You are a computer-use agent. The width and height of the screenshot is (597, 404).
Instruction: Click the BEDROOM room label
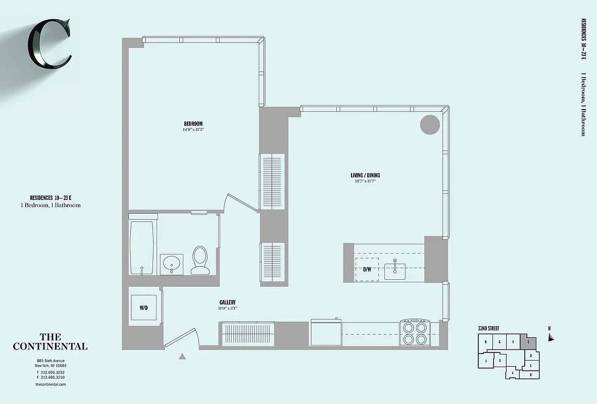pos(193,124)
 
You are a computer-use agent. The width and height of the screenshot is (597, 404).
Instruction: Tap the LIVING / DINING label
pos(365,175)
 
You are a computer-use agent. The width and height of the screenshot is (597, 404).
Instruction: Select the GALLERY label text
pos(227,302)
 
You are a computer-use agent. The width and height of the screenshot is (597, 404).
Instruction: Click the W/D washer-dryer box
pos(144,308)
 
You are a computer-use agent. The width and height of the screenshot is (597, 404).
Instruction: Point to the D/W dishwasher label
pos(367,269)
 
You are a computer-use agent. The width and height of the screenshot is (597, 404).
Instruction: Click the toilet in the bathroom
pos(200,260)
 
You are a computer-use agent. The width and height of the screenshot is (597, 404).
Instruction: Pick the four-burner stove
pos(415,333)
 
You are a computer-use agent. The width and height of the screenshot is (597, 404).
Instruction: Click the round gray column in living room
pos(430,124)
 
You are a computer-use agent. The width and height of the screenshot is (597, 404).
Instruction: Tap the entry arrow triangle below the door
pos(182,356)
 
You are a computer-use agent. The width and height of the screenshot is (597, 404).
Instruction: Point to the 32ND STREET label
pos(488,328)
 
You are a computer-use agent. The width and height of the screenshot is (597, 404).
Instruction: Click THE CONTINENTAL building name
pos(50,342)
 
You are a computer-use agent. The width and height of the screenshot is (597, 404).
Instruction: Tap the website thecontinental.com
pos(51,384)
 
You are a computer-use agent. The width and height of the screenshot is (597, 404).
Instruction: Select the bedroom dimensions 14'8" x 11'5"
pos(193,130)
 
